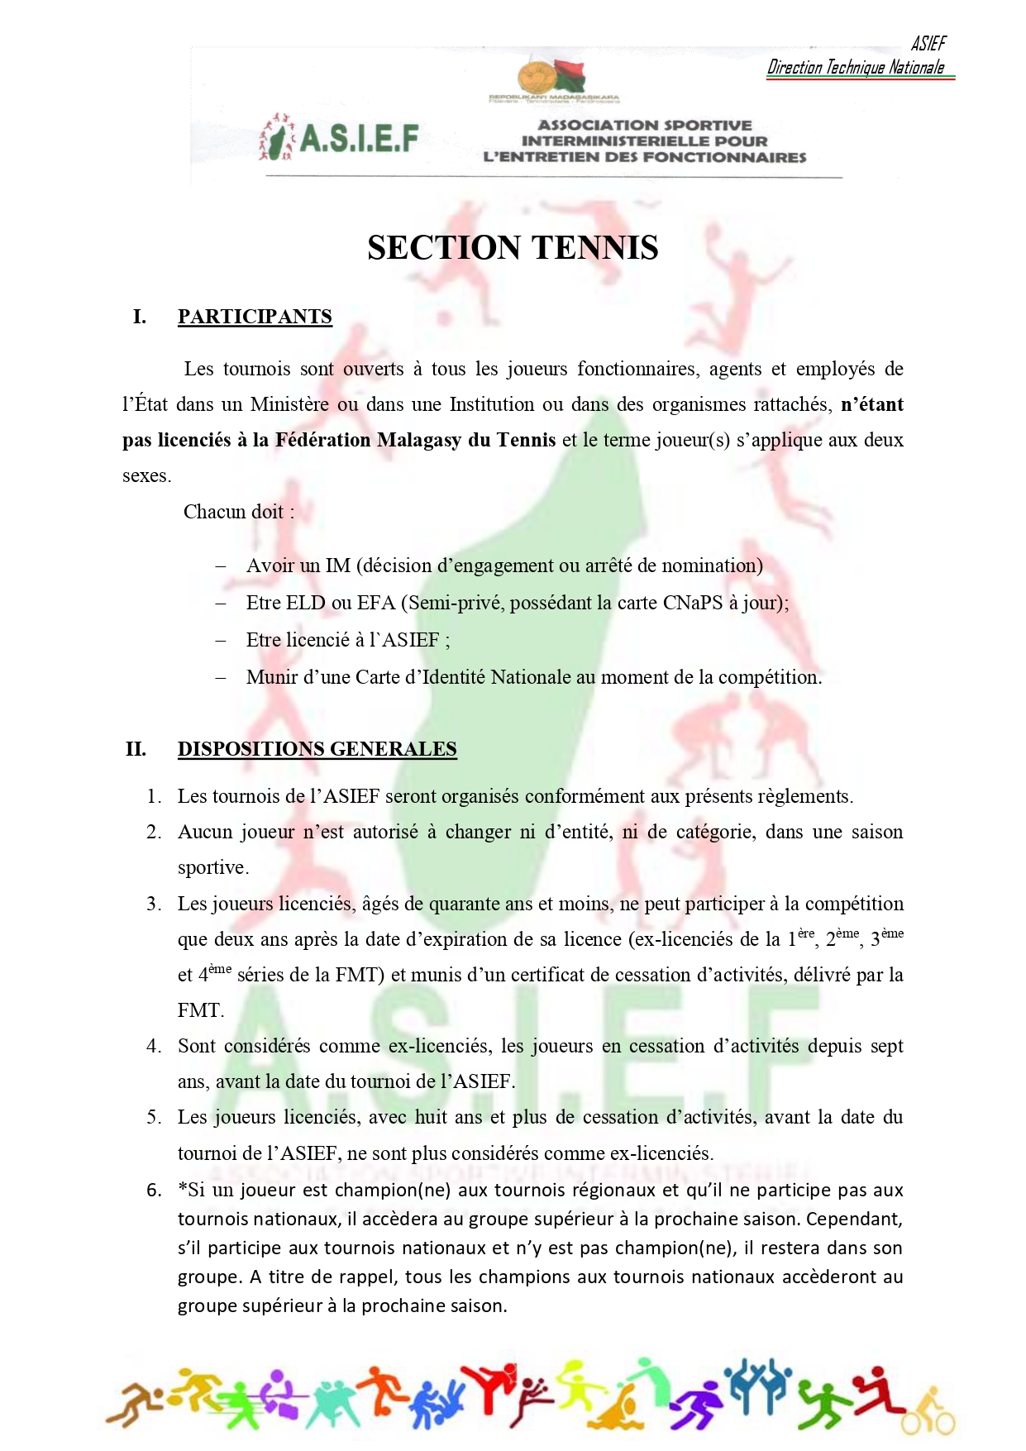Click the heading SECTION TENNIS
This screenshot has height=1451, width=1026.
click(x=513, y=248)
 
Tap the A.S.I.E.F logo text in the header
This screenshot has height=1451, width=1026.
click(x=359, y=139)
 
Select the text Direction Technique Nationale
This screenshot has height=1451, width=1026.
click(x=856, y=68)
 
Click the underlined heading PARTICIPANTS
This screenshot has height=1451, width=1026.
click(x=255, y=317)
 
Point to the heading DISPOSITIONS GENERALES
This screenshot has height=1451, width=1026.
click(x=317, y=749)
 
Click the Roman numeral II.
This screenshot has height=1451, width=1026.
click(x=136, y=749)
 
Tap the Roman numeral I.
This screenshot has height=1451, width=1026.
click(x=140, y=317)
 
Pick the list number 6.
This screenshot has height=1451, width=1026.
click(x=154, y=1191)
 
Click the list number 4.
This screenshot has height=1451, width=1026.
click(x=154, y=1046)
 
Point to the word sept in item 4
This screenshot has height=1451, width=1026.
click(x=886, y=1046)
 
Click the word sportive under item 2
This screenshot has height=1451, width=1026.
click(x=212, y=867)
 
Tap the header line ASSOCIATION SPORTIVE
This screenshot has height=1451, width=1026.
click(x=645, y=126)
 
